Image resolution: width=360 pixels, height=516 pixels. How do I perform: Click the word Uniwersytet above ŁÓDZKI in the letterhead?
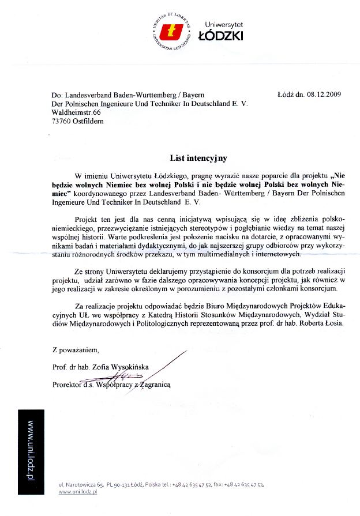224,25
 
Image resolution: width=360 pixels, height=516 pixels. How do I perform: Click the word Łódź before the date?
287,95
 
